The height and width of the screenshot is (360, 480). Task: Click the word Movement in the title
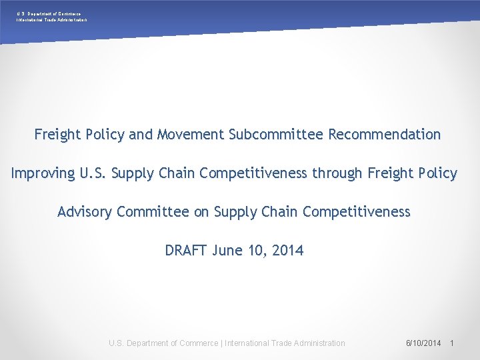(x=191, y=135)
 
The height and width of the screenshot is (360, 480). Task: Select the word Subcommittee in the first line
(x=275, y=135)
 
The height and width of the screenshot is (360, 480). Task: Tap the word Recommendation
(x=383, y=135)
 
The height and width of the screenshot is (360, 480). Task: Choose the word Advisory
(x=85, y=212)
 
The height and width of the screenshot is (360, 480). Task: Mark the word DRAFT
(x=187, y=251)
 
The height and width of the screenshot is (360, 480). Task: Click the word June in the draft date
(x=227, y=251)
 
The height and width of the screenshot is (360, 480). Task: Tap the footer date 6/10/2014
(x=423, y=343)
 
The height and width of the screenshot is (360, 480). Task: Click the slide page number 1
(x=452, y=343)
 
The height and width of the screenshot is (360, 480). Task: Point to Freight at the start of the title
(x=58, y=135)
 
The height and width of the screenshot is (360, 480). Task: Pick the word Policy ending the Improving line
(x=438, y=174)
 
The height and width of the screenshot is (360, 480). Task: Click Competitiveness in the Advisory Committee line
(x=356, y=212)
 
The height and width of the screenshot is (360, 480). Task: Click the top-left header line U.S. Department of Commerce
(x=49, y=13)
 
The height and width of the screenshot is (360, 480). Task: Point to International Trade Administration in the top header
(x=51, y=20)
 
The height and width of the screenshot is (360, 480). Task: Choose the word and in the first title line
(x=141, y=135)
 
